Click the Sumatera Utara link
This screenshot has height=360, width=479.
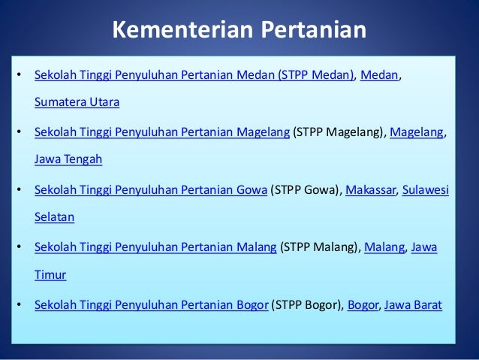(x=77, y=101)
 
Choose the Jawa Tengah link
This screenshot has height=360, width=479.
(x=68, y=159)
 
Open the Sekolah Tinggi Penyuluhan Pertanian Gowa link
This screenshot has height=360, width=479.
(x=151, y=191)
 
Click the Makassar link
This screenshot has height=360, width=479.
(x=372, y=191)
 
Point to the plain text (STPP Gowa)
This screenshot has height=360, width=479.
(x=306, y=191)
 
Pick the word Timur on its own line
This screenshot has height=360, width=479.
(x=50, y=274)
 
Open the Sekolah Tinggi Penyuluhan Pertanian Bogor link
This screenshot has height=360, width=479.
(x=152, y=305)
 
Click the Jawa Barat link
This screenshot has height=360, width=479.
(x=413, y=305)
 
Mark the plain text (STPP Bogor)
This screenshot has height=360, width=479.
(x=307, y=305)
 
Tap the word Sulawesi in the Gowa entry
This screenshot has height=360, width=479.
(x=426, y=191)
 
